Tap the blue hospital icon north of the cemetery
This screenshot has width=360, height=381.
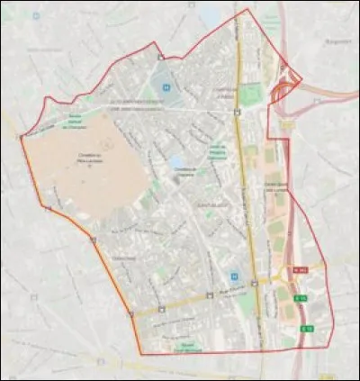click(x=166, y=87)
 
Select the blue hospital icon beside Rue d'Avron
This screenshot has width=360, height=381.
click(x=235, y=277)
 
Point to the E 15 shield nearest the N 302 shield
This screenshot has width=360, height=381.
click(x=302, y=298)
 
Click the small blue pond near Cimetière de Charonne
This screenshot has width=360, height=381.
click(x=173, y=163)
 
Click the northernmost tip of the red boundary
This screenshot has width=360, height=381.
click(x=247, y=9)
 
